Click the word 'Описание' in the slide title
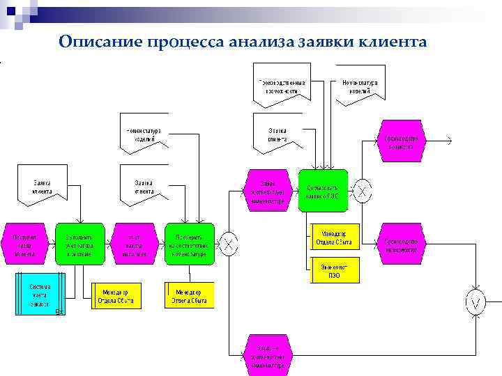101,42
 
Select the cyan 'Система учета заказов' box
40,295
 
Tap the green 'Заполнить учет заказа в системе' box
79,244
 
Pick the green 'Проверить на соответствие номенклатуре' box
190,244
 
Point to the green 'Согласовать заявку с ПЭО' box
322,190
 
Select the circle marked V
476,303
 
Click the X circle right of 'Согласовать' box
363,191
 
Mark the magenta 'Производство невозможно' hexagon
401,244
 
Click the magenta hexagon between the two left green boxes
134,244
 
